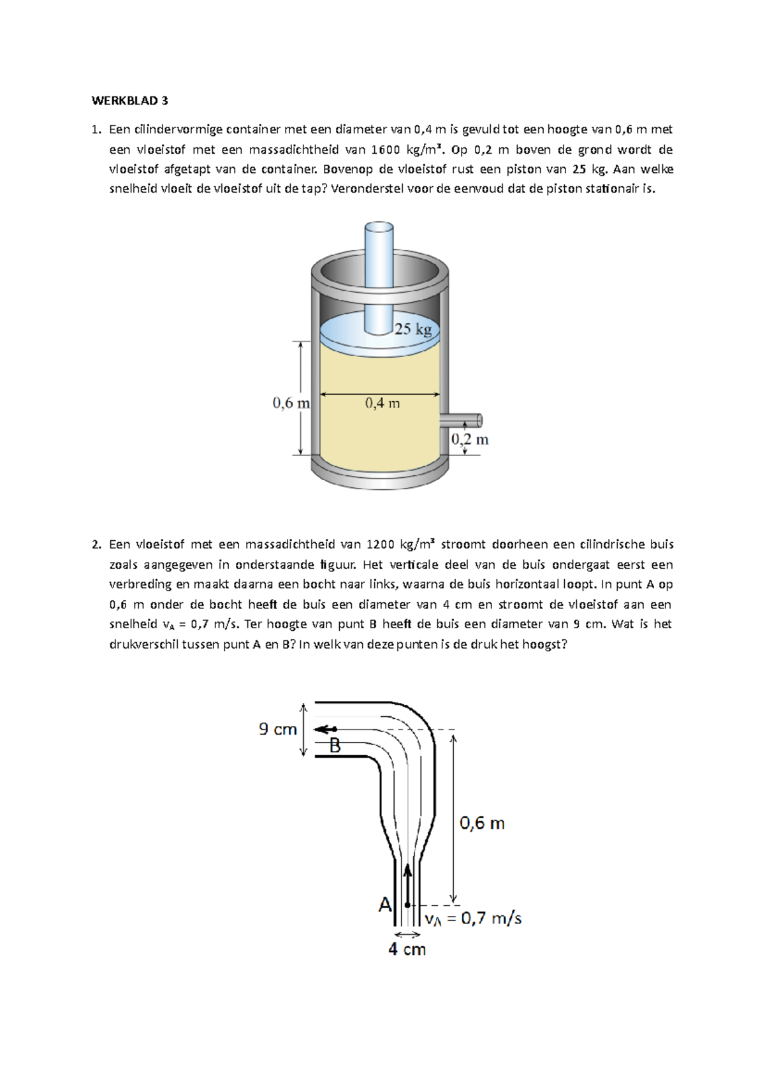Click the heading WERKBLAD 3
130,101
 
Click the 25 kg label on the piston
413,329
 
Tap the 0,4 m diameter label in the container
382,403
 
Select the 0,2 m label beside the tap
470,439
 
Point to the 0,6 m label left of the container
291,403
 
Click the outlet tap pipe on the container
462,420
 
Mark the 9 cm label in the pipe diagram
278,729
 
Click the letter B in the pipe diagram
335,745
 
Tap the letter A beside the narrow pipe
385,904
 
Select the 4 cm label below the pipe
407,950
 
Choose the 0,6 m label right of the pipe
482,823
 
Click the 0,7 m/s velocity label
474,918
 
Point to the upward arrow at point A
408,883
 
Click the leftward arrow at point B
326,729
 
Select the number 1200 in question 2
381,545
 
